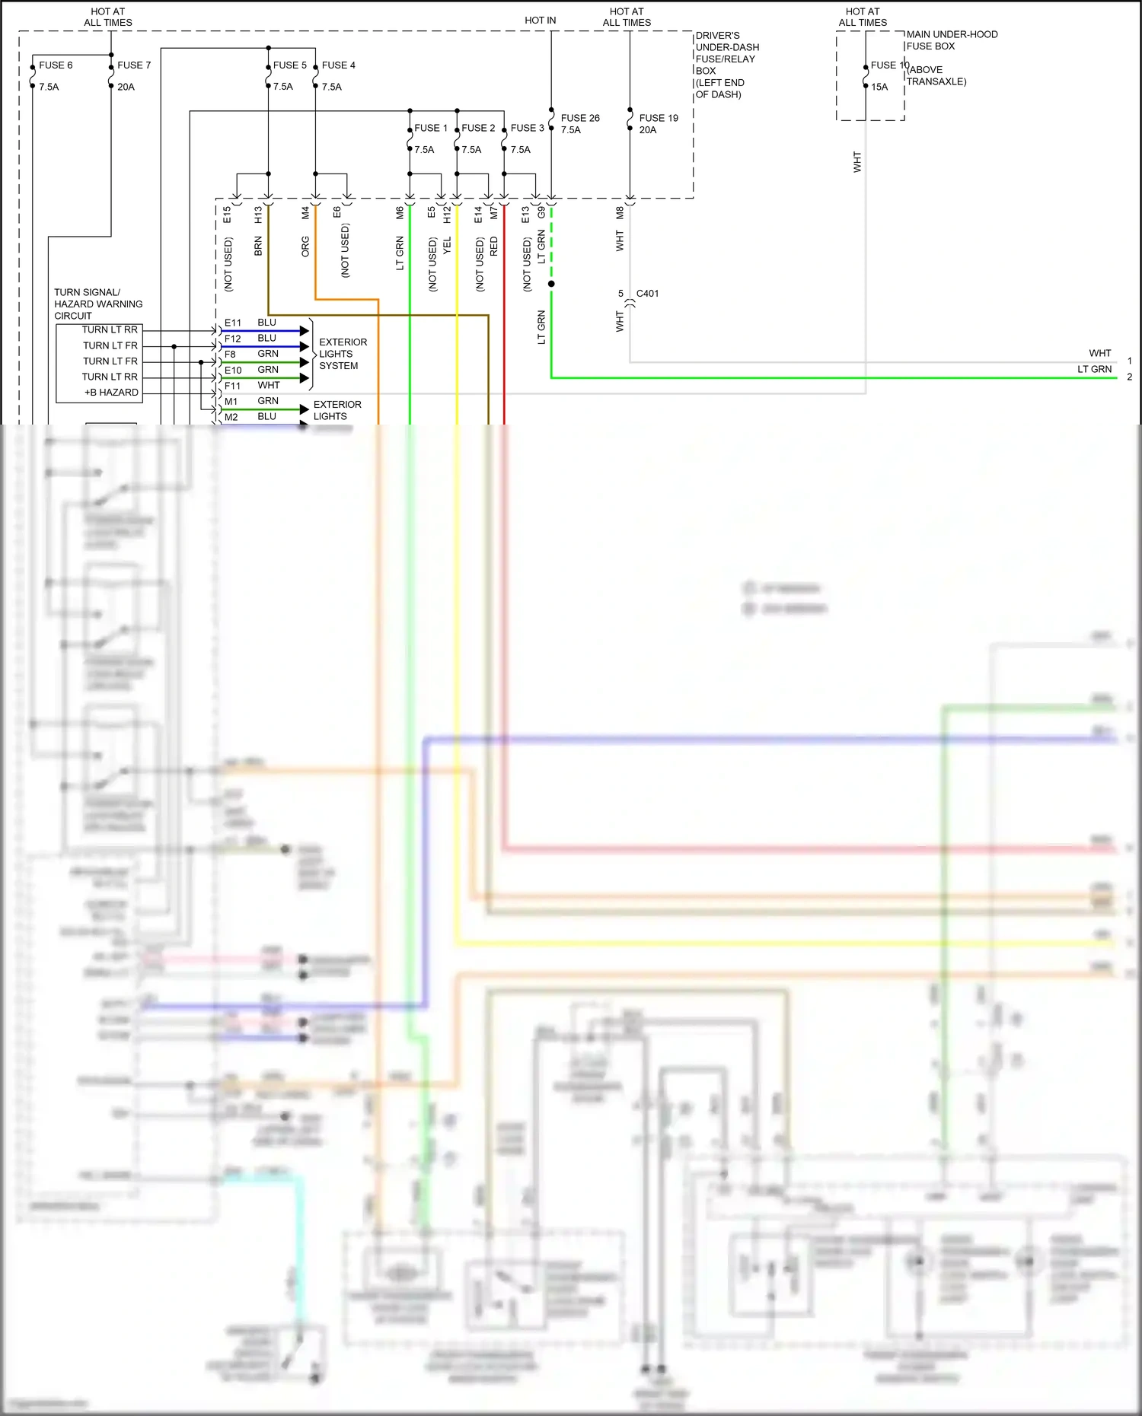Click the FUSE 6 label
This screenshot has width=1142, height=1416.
click(x=56, y=65)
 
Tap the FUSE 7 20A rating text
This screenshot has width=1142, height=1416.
click(x=126, y=87)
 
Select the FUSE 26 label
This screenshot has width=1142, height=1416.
click(x=580, y=118)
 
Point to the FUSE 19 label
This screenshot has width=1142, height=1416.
click(x=659, y=118)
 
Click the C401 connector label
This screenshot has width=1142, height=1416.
click(x=647, y=294)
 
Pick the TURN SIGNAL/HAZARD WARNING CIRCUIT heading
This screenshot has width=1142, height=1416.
click(x=97, y=304)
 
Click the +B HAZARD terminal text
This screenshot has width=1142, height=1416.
click(x=111, y=393)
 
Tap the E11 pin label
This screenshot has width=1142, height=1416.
click(x=232, y=323)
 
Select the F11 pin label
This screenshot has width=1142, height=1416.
click(x=232, y=386)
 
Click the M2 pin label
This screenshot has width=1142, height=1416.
click(x=231, y=417)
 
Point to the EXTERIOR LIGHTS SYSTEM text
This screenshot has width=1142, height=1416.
click(x=343, y=354)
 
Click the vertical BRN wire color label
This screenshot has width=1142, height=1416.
click(x=258, y=246)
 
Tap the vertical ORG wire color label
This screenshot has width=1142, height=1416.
click(x=305, y=246)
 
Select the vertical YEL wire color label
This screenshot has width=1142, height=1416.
click(x=447, y=245)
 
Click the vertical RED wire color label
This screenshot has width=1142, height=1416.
click(x=493, y=245)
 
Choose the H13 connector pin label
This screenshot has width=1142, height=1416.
click(x=258, y=215)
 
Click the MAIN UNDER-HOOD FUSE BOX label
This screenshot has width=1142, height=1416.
click(x=951, y=40)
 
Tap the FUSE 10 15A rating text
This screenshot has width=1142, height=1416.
click(x=879, y=87)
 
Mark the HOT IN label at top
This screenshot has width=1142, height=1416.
click(x=540, y=21)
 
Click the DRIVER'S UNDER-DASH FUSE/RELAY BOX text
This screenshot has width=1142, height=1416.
click(x=726, y=65)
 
